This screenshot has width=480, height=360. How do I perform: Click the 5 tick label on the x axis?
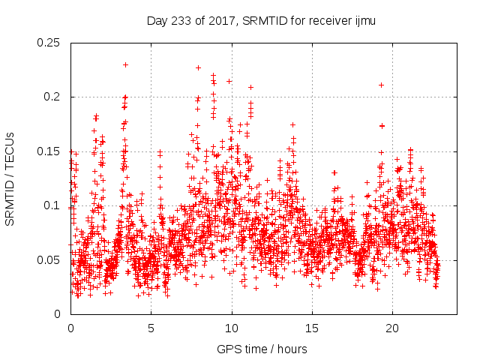[x=151, y=328]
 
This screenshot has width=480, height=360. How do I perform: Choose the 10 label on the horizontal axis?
[x=231, y=328]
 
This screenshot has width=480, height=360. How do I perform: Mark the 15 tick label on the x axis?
[x=311, y=328]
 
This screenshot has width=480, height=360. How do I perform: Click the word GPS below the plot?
[x=226, y=349]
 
